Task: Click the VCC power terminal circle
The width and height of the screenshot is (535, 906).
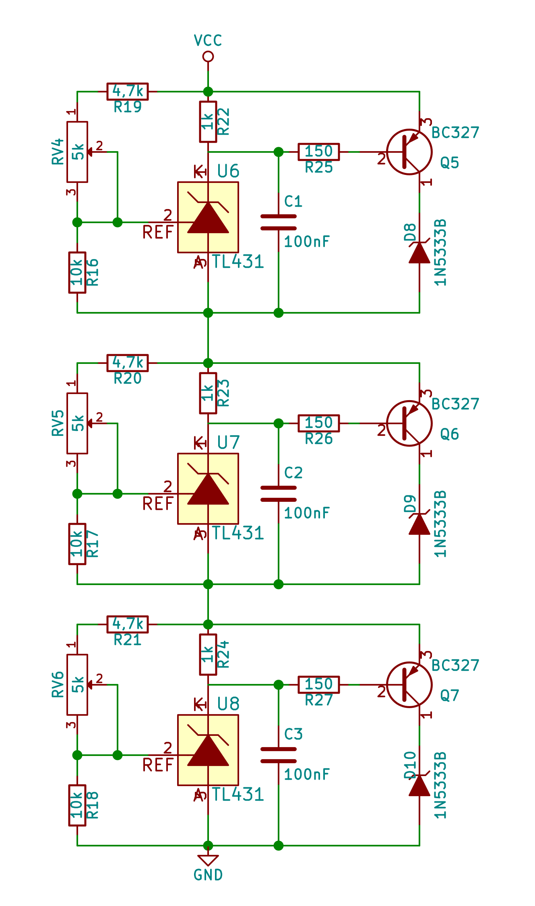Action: pyautogui.click(x=208, y=57)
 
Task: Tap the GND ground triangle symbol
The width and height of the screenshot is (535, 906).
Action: pyautogui.click(x=208, y=860)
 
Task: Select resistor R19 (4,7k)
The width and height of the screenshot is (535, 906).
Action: pyautogui.click(x=128, y=92)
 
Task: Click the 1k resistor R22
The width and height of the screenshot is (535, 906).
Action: pyautogui.click(x=208, y=122)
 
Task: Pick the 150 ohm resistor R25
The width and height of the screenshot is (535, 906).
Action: pyautogui.click(x=319, y=152)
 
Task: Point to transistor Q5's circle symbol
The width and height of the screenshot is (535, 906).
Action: pyautogui.click(x=409, y=152)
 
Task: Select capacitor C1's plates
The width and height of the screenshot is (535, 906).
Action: pyautogui.click(x=279, y=222)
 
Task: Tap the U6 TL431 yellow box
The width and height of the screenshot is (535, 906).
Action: pyautogui.click(x=208, y=218)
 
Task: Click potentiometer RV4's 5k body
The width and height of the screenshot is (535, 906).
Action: pyautogui.click(x=77, y=152)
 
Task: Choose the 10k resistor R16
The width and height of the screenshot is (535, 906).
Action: pyautogui.click(x=77, y=273)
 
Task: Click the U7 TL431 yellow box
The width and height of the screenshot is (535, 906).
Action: pyautogui.click(x=208, y=489)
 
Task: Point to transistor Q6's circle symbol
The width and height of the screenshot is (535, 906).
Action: pyautogui.click(x=409, y=423)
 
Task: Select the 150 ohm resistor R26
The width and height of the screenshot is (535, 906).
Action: pyautogui.click(x=319, y=423)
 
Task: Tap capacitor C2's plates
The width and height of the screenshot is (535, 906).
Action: pyautogui.click(x=279, y=494)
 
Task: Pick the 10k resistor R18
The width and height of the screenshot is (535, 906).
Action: pyautogui.click(x=77, y=805)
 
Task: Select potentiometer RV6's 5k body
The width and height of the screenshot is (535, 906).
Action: pyautogui.click(x=77, y=685)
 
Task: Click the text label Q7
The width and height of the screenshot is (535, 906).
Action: pyautogui.click(x=450, y=695)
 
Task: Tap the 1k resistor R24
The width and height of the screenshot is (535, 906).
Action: pyautogui.click(x=208, y=655)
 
